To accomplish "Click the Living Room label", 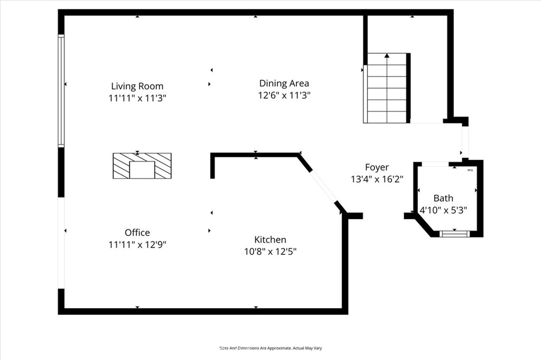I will (x=137, y=86).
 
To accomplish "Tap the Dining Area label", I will (x=284, y=83).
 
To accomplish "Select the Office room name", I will (x=137, y=232).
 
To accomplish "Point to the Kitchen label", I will (x=270, y=240).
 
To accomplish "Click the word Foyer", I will (x=377, y=167).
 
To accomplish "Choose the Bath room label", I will (x=443, y=198).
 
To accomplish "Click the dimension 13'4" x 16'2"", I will (x=377, y=179).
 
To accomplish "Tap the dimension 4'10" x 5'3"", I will (x=443, y=210).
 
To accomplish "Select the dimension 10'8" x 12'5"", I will (x=270, y=252).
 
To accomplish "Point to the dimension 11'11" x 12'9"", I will (x=137, y=244).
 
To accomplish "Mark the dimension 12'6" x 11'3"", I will (x=284, y=96).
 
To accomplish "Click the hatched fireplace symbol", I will (x=142, y=166).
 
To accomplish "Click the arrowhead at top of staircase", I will (x=387, y=55).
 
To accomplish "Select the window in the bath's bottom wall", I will (x=454, y=233).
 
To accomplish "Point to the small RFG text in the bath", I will (x=470, y=170).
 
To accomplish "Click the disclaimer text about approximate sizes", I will (x=270, y=348).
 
